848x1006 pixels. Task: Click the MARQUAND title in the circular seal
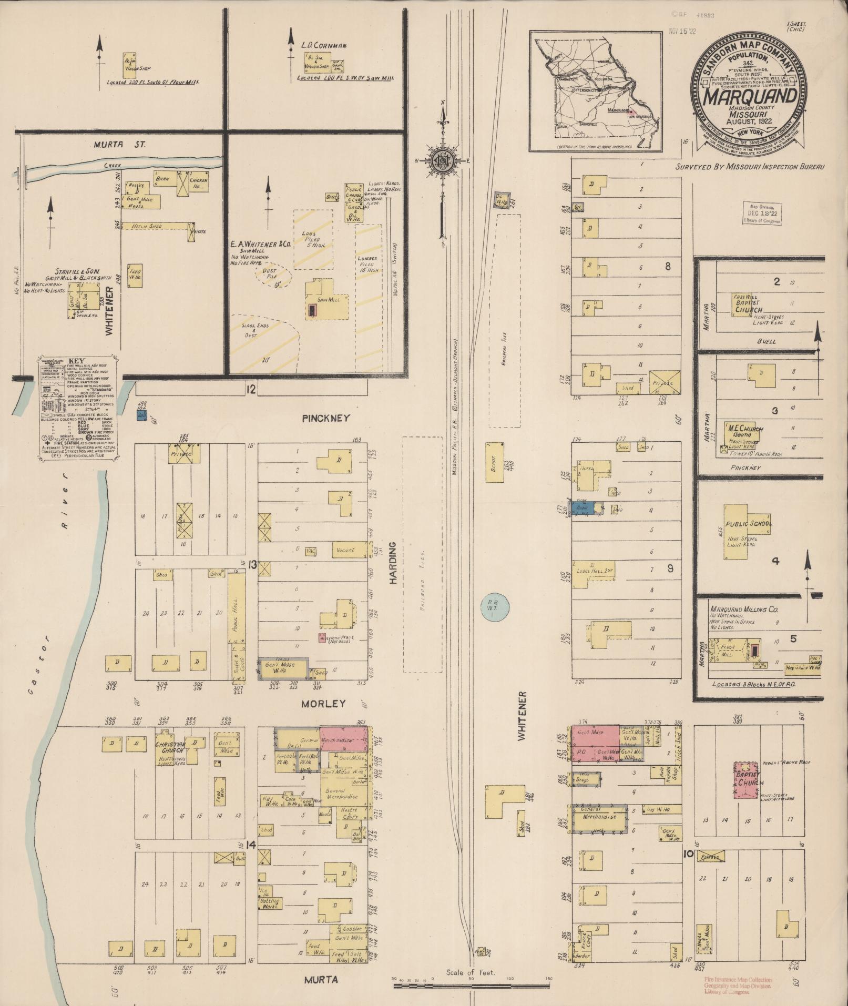click(749, 97)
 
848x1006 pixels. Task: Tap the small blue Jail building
click(141, 415)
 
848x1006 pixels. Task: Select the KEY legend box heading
click(77, 361)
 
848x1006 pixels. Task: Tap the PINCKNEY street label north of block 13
click(325, 418)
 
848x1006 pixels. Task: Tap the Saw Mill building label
click(330, 300)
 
